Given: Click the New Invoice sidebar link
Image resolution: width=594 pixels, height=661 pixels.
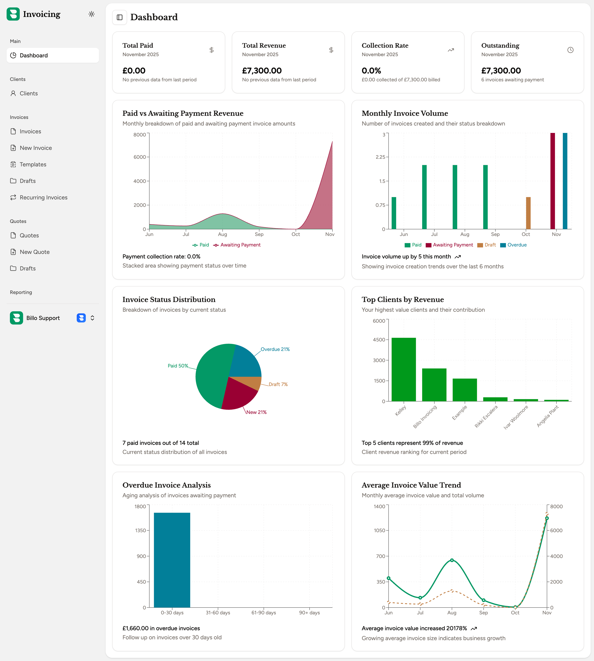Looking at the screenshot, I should (x=35, y=148).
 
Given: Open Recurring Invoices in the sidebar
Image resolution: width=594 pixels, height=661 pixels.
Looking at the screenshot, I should (x=43, y=198).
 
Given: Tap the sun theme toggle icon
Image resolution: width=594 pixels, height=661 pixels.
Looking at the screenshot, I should (x=91, y=14).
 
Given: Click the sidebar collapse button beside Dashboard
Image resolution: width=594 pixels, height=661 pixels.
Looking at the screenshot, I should (x=119, y=17).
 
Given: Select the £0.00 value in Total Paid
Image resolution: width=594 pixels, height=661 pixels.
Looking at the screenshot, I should (x=134, y=71).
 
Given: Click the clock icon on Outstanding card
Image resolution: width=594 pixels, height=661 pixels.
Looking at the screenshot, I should (x=570, y=50).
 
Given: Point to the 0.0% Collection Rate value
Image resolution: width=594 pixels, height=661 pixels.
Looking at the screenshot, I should (x=371, y=71).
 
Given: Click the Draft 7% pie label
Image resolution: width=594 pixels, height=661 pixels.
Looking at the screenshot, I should (x=278, y=384).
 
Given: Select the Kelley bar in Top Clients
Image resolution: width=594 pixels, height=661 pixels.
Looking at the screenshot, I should (x=403, y=369).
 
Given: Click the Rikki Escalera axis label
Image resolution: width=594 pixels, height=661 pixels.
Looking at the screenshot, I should (x=486, y=416).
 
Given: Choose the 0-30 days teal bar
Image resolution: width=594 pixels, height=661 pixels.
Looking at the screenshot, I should (x=172, y=560).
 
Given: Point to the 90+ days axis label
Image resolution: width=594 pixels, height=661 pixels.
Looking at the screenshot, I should (x=309, y=613).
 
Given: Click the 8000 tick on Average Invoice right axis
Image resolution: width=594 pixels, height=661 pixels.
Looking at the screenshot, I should (x=556, y=507).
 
